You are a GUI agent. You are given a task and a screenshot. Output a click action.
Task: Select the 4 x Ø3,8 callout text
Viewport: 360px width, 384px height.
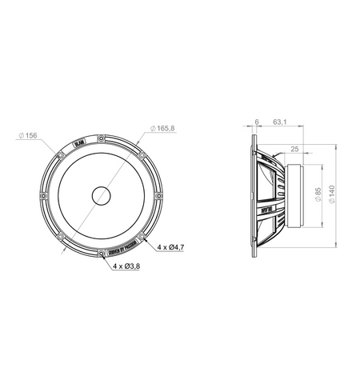(126, 266)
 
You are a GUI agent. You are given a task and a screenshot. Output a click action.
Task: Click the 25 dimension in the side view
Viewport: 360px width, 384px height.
(295, 148)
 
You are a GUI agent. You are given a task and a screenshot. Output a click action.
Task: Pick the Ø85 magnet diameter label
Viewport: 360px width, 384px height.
(318, 194)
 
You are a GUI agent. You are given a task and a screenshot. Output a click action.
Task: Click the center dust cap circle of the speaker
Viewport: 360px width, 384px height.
(101, 194)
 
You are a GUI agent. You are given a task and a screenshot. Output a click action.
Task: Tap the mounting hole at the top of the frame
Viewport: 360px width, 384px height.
(101, 138)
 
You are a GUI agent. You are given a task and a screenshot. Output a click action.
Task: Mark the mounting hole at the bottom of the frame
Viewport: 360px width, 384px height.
(101, 252)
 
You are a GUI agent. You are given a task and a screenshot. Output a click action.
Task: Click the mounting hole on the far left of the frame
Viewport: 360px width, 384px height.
(43, 194)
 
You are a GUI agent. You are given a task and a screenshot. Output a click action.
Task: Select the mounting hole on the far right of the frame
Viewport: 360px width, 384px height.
(158, 194)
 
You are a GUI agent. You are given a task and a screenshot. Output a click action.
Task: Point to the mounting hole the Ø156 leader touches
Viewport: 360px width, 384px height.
(60, 154)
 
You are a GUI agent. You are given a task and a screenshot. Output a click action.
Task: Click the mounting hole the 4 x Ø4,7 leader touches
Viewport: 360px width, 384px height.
(142, 236)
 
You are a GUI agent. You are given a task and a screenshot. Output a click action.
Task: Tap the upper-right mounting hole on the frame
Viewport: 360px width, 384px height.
(142, 154)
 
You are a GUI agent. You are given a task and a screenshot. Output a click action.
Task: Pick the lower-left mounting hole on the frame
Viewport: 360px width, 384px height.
(60, 236)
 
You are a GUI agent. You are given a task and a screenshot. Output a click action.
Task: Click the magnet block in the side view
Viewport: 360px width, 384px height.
(294, 194)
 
